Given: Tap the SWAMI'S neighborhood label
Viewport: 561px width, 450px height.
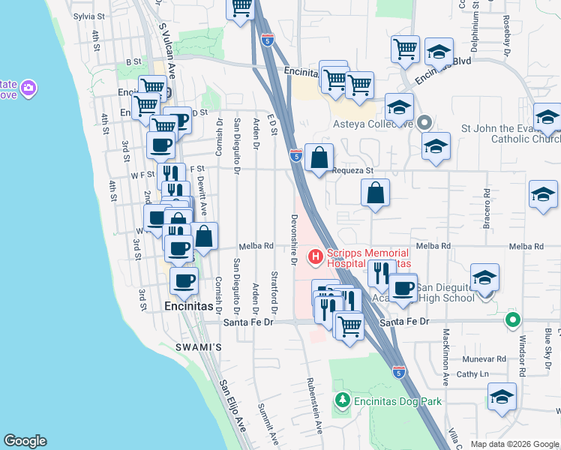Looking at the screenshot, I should coord(199,347).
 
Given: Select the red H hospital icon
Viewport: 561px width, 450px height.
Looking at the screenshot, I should coord(315,257).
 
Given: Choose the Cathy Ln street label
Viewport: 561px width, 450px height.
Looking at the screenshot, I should coord(472,373).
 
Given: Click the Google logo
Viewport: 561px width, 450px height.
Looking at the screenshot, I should coord(25,441).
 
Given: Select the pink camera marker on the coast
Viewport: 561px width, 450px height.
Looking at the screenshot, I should coord(28,89).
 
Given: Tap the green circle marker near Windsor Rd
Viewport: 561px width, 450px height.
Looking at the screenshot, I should coord(513,320).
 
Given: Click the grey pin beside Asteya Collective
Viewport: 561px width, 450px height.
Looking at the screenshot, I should coord(424,121).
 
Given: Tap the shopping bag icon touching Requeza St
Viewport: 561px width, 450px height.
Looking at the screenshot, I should coord(319,157).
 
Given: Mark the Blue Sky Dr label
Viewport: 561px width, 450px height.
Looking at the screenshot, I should coord(548,342).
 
